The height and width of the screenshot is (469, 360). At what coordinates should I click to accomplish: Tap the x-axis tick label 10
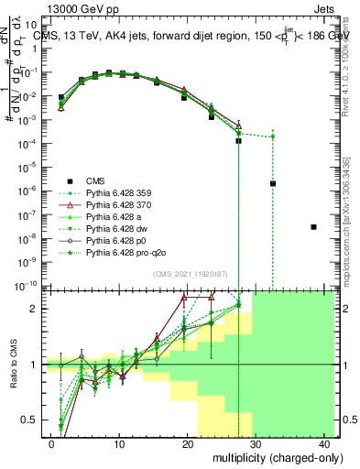tap(119, 443)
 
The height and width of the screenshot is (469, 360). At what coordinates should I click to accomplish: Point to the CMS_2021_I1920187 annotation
tap(190, 274)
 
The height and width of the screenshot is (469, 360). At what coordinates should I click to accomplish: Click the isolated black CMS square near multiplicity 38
tap(314, 226)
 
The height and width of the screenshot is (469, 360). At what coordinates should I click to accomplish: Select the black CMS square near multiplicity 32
tap(273, 183)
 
